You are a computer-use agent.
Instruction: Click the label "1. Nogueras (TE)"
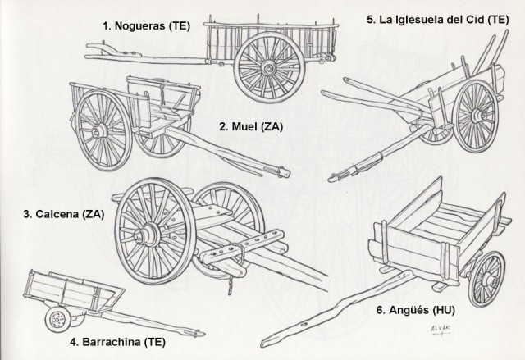click(x=146, y=25)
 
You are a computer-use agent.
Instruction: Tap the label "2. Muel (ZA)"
click(x=250, y=125)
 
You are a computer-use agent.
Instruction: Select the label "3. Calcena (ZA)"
click(x=63, y=215)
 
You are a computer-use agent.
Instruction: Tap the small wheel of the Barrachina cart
click(x=57, y=318)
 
